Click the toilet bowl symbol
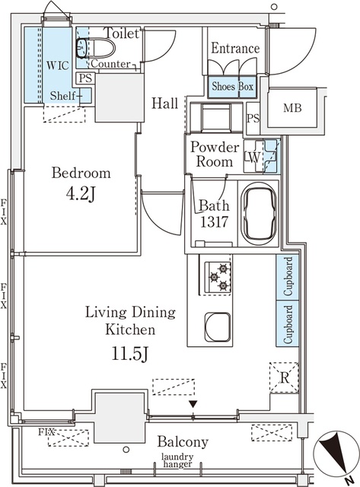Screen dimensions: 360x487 click(96, 48)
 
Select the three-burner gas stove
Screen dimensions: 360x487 click(218, 276)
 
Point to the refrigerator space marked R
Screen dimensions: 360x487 click(284, 377)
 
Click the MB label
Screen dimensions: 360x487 click(292, 108)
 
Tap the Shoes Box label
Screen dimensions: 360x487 click(232, 86)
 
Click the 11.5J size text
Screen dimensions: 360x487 click(130, 354)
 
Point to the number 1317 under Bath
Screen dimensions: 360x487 click(214, 221)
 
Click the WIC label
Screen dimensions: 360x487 click(58, 65)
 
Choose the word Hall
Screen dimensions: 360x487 click(165, 103)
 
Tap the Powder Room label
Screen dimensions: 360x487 click(215, 154)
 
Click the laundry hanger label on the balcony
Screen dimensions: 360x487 click(177, 460)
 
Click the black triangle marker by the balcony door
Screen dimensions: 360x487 click(193, 404)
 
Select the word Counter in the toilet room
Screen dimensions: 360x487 click(110, 64)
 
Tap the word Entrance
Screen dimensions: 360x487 click(235, 48)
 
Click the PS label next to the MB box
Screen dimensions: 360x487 click(253, 119)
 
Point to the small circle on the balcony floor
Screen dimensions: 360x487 click(126, 450)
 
